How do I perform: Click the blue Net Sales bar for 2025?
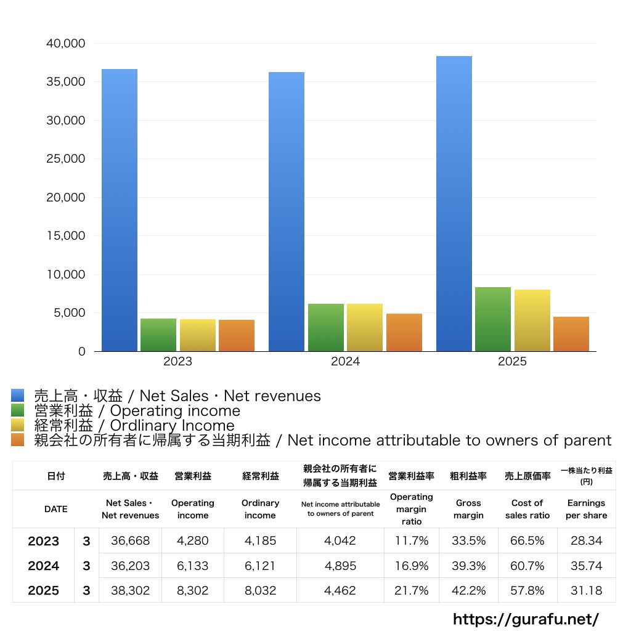(x=454, y=203)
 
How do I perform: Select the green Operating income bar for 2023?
(x=158, y=335)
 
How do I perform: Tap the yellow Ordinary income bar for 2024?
(x=365, y=327)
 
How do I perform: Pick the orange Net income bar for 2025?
(x=571, y=334)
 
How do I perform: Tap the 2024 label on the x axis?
(x=345, y=362)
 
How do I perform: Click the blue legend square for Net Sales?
(x=17, y=396)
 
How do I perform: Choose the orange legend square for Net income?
(x=17, y=440)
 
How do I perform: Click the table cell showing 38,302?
(x=131, y=590)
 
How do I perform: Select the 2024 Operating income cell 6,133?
(x=193, y=566)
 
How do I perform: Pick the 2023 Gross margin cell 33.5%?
(x=469, y=541)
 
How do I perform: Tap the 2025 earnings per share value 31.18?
(x=586, y=590)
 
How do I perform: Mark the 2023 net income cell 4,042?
(x=340, y=541)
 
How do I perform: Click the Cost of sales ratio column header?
(x=527, y=509)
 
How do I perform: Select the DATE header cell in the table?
(x=55, y=509)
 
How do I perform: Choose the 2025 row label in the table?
(x=44, y=590)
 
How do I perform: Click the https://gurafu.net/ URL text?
(x=526, y=619)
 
